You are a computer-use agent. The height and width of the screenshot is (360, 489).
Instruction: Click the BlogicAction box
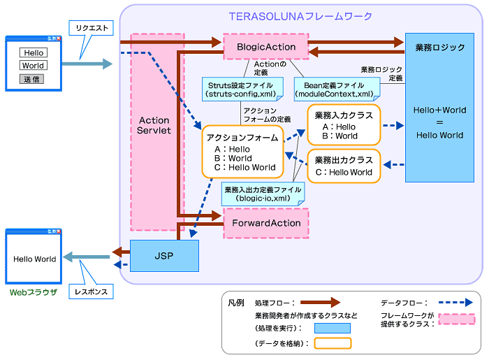point(265,47)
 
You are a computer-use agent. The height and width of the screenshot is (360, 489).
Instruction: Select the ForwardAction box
point(265,223)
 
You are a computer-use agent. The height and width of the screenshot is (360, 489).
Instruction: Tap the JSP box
point(164,257)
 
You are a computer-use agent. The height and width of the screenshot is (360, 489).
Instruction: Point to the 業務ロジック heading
point(439,48)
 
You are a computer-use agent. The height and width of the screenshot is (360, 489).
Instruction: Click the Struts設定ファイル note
point(242,88)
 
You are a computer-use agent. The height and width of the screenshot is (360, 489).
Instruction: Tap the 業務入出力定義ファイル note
point(263,194)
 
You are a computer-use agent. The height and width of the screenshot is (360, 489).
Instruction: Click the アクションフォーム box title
point(242,136)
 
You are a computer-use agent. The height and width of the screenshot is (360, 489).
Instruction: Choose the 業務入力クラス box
point(344,124)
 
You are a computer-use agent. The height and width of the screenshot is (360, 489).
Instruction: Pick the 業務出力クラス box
point(344,166)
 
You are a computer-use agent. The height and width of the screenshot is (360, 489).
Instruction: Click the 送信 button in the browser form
point(32,79)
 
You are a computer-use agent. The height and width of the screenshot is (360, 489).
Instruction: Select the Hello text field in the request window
point(32,52)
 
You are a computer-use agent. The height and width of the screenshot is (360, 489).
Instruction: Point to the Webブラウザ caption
point(33,291)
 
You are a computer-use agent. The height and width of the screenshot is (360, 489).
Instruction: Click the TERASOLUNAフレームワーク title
point(301,16)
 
